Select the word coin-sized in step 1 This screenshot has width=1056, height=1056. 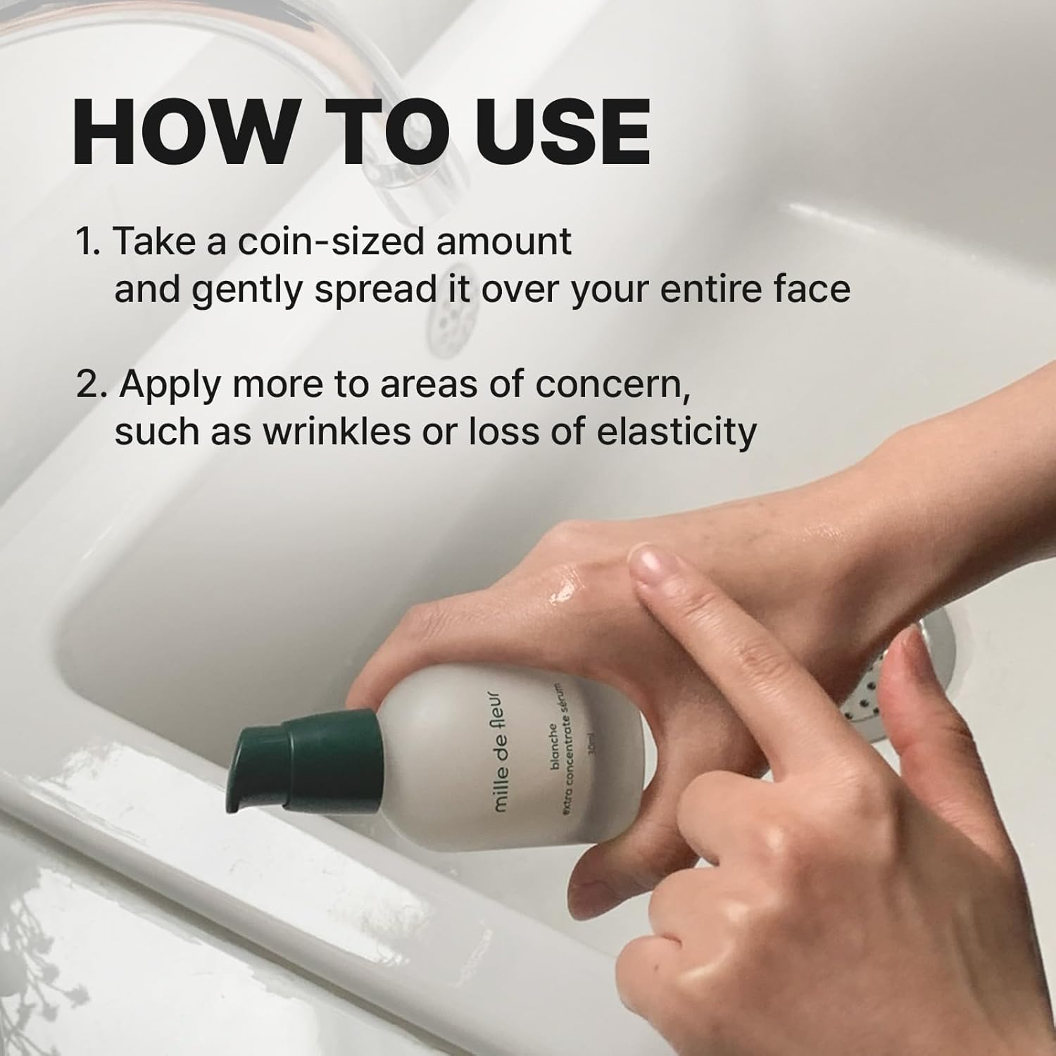click(330, 241)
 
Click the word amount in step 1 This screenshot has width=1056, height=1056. click(504, 241)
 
